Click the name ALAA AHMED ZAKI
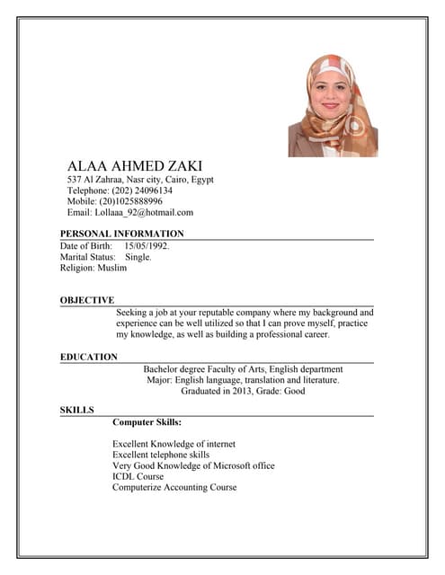pyautogui.click(x=135, y=166)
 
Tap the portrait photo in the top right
pyautogui.click(x=333, y=105)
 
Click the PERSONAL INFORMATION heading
pyautogui.click(x=121, y=234)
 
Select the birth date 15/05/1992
pyautogui.click(x=147, y=245)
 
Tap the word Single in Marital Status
pyautogui.click(x=138, y=257)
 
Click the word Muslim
pyautogui.click(x=112, y=268)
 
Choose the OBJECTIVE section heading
pyautogui.click(x=87, y=300)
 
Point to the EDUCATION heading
pyautogui.click(x=89, y=357)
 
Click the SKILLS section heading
pyautogui.click(x=77, y=410)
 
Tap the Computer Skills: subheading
pyautogui.click(x=147, y=421)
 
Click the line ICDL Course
pyautogui.click(x=138, y=476)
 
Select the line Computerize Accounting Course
pyautogui.click(x=174, y=487)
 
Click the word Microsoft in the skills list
pyautogui.click(x=237, y=465)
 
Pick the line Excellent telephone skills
pyautogui.click(x=161, y=455)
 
